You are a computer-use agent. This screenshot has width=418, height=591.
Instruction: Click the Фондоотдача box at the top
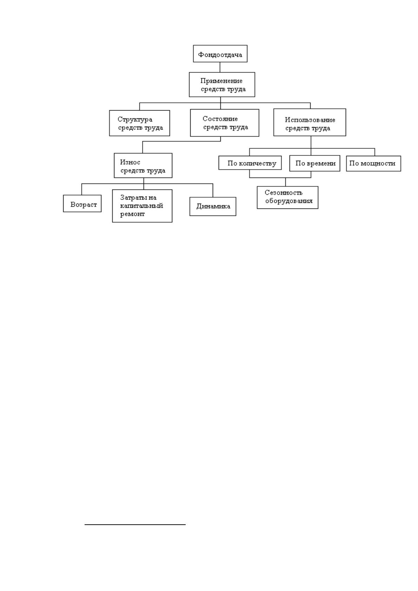[x=220, y=54]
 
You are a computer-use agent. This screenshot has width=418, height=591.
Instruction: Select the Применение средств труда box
[x=222, y=85]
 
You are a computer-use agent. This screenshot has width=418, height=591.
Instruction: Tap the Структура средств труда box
[x=140, y=123]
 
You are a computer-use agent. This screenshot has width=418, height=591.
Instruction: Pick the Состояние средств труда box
[x=225, y=123]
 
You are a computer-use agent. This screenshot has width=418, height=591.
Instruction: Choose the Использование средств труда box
[x=310, y=122]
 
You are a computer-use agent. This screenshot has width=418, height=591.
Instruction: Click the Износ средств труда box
[x=143, y=165]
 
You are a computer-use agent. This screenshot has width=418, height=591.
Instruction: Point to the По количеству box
[x=250, y=163]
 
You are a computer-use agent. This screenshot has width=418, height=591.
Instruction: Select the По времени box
[x=314, y=163]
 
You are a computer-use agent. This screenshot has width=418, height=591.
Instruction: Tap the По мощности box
[x=373, y=164]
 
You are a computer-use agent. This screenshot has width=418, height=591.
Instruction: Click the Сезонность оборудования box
[x=287, y=198]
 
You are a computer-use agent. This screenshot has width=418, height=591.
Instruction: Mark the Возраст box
[x=82, y=204]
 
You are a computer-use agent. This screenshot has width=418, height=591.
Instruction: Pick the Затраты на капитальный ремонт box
[x=142, y=206]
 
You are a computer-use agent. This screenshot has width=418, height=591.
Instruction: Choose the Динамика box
[x=213, y=206]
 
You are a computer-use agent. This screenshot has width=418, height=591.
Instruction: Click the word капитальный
[x=142, y=206]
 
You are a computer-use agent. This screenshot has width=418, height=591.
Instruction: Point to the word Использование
[x=310, y=120]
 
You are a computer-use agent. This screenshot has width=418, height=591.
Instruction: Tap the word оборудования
[x=289, y=201]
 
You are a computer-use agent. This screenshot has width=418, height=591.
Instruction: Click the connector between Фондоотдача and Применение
[x=220, y=67]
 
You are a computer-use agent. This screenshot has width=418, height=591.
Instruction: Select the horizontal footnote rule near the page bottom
[x=135, y=525]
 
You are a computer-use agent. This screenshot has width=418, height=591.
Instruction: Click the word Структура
[x=135, y=120]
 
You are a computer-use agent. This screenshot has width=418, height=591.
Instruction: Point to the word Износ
[x=130, y=162]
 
